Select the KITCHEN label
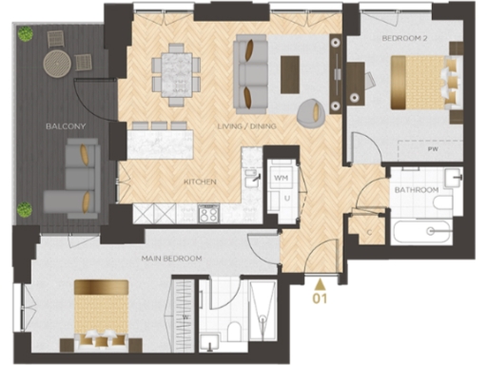pos(201,181)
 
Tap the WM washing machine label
pos(281,177)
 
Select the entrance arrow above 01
pos(321,281)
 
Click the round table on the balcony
pos(57,64)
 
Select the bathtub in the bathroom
pos(425,231)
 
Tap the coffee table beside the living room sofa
pos(290,68)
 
